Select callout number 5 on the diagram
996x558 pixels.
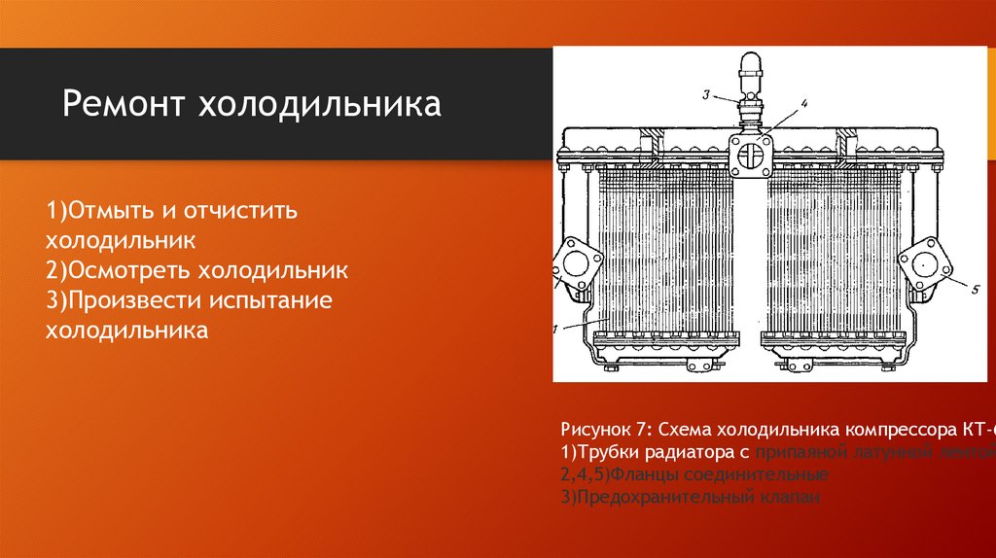(x=974, y=289)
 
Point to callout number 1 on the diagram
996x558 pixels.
(x=557, y=330)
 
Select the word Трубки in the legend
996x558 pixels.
(x=612, y=451)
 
